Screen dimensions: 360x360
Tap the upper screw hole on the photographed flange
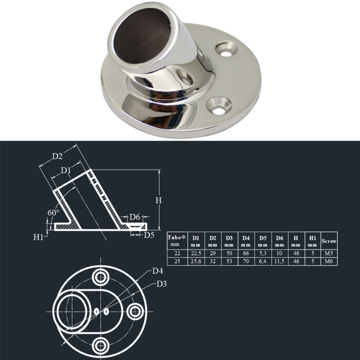pyautogui.click(x=227, y=49)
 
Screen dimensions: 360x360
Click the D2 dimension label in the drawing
pyautogui.click(x=58, y=156)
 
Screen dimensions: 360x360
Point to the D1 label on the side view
pyautogui.click(x=66, y=170)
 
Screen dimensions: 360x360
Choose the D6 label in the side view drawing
pyautogui.click(x=135, y=217)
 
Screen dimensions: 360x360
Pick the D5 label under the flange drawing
pyautogui.click(x=149, y=235)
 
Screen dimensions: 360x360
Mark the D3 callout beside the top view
pyautogui.click(x=162, y=284)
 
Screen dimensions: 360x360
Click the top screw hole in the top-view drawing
pyautogui.click(x=101, y=276)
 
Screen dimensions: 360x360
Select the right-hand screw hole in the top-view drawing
pyautogui.click(x=136, y=312)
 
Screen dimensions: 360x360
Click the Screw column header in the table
pyautogui.click(x=329, y=241)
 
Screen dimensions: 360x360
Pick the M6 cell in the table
pyautogui.click(x=329, y=261)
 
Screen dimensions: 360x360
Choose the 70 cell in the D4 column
pyautogui.click(x=245, y=261)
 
